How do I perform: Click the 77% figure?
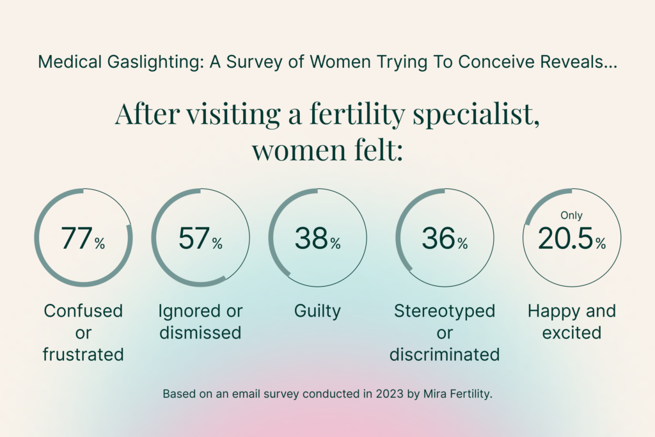coord(83,239)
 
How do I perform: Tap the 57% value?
coord(200,239)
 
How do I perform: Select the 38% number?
coord(318,239)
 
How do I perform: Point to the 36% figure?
coord(445,239)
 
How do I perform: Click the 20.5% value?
coord(572,239)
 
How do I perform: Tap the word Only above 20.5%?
coord(571,215)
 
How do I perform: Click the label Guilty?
coord(317,312)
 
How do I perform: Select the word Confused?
coord(83,311)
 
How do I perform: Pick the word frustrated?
coord(83,354)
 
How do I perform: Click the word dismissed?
coord(200,333)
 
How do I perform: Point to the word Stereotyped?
coord(445,312)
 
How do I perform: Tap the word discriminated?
coord(445,354)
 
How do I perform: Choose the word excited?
coord(572,333)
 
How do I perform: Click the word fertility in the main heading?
coord(357,114)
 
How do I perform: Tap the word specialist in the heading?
coord(476,114)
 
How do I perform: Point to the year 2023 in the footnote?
coord(390,393)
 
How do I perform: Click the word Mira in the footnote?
coord(434,393)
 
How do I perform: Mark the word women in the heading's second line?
coord(299,151)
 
